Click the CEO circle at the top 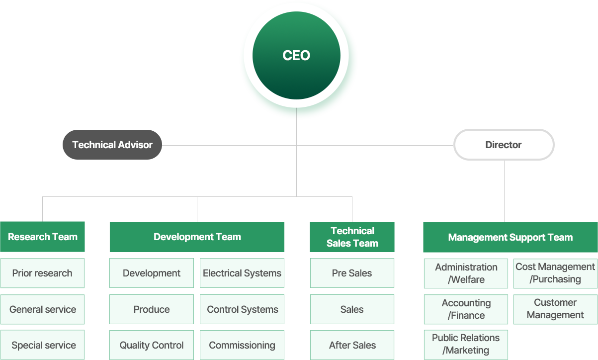[296, 56]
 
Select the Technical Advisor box [112, 145]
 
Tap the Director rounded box [504, 145]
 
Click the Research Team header [43, 237]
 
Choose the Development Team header [197, 237]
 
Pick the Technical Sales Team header [352, 237]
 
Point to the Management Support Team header [510, 237]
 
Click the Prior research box [42, 273]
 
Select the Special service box [43, 345]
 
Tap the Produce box [152, 309]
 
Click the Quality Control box [152, 345]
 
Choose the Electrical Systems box [242, 273]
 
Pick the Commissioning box [242, 345]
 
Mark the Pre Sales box [352, 273]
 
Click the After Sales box [352, 345]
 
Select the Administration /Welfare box [466, 273]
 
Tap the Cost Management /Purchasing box [555, 273]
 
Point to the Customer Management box [555, 309]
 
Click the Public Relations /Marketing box [466, 344]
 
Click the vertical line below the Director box [504, 191]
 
